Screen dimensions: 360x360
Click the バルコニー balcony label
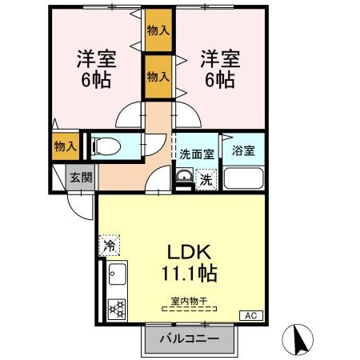pos(193,338)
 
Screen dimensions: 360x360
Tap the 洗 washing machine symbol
pos(206,179)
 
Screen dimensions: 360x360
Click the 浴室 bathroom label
pos(243,149)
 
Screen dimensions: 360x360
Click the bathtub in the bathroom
pos(244,178)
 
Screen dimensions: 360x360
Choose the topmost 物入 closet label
pos(158,30)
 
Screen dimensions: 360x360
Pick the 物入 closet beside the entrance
pos(64,147)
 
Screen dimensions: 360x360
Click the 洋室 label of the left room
pos(93,58)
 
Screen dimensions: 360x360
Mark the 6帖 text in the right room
pos(218,79)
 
